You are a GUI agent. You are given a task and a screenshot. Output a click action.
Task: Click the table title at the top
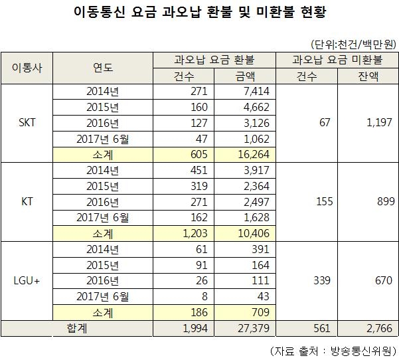click(199, 13)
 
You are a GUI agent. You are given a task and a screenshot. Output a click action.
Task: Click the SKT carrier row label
click(28, 123)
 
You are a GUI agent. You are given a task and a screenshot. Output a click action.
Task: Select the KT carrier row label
click(28, 201)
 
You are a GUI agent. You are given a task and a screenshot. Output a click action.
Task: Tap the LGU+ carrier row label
click(28, 281)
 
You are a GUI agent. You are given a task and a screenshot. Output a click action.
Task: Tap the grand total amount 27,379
click(252, 328)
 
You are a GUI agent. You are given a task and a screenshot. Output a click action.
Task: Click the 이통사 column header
click(28, 68)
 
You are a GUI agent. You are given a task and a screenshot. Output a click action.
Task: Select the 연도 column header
click(103, 68)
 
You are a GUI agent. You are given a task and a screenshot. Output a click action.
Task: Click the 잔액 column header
click(367, 76)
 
